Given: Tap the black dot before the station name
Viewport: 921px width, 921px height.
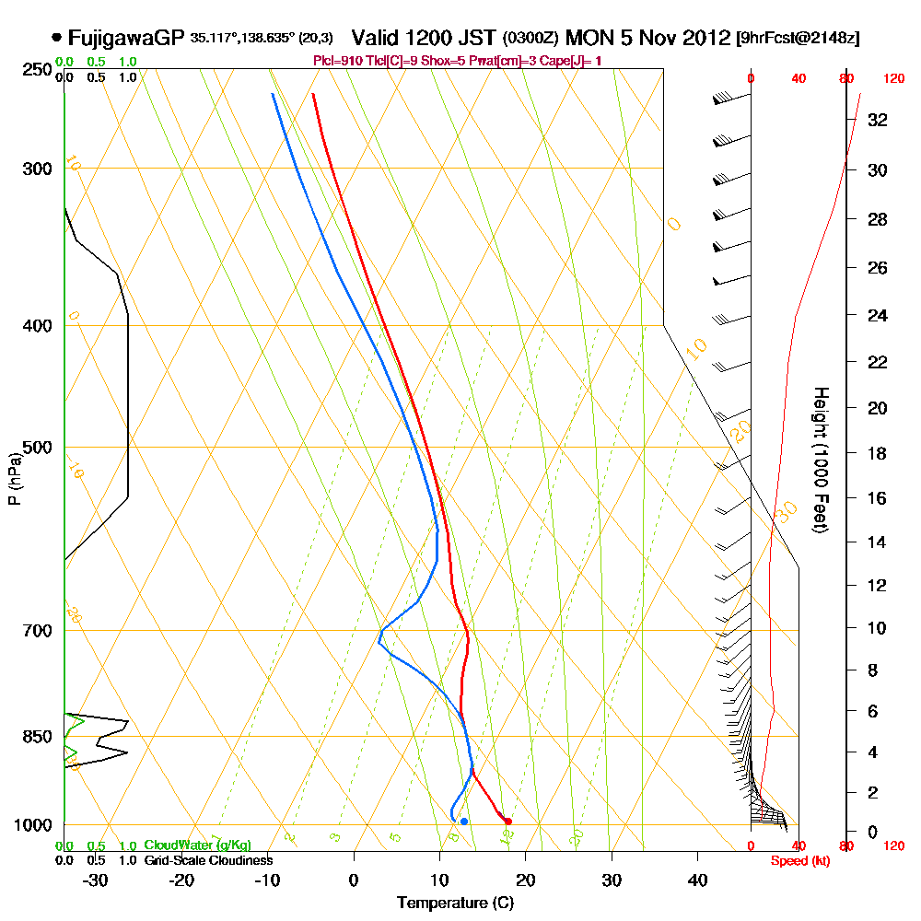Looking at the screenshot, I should pyautogui.click(x=57, y=38).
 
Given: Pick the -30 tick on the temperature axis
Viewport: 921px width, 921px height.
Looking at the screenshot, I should pyautogui.click(x=96, y=879).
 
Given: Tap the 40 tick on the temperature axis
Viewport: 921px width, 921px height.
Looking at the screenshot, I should pyautogui.click(x=697, y=879).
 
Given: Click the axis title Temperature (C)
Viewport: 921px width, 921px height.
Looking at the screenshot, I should pyautogui.click(x=455, y=904).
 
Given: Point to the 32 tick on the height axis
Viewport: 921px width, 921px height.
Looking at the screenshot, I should pyautogui.click(x=879, y=119).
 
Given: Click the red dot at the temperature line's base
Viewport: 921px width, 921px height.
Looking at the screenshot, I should pyautogui.click(x=507, y=821).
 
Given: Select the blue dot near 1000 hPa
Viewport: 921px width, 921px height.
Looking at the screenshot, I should pyautogui.click(x=464, y=821).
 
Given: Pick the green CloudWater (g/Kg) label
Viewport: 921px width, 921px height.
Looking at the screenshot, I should pyautogui.click(x=197, y=845).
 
